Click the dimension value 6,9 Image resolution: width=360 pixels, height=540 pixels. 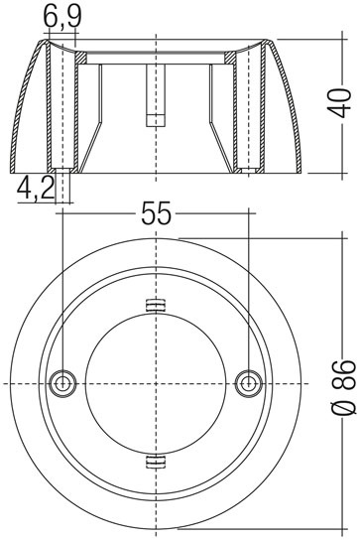point(62,17)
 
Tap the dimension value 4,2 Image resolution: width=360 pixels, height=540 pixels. point(36,188)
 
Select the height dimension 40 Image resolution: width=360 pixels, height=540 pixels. point(339,103)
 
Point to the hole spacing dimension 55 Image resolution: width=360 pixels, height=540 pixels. point(156,213)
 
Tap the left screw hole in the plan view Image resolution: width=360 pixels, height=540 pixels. point(62,383)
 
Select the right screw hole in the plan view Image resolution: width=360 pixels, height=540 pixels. point(249,383)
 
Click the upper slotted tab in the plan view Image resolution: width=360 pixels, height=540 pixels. point(156,305)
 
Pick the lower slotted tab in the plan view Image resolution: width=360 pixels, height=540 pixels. point(156,462)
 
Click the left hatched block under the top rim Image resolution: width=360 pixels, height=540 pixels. point(81,58)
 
